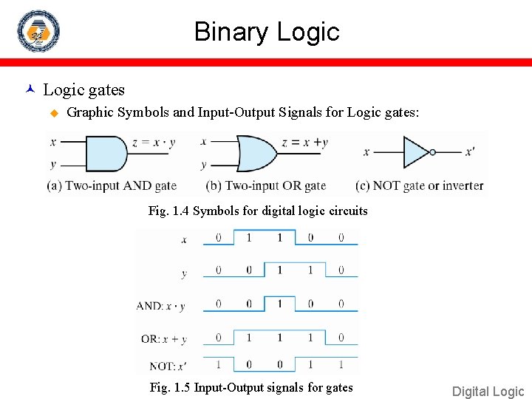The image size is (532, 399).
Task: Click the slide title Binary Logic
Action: (267, 32)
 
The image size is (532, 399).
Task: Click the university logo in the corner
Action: (38, 31)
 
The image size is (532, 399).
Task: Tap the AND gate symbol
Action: (106, 153)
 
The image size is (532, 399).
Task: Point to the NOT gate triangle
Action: (416, 152)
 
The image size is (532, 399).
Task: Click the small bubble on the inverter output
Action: (433, 152)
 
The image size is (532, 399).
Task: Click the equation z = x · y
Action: (154, 143)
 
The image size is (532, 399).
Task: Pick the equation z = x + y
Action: (304, 143)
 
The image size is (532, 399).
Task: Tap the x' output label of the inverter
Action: (469, 152)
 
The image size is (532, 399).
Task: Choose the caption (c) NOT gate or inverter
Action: (419, 185)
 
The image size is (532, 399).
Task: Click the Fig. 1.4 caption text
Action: (258, 211)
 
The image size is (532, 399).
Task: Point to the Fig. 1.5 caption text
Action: (251, 388)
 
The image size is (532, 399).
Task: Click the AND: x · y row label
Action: (161, 306)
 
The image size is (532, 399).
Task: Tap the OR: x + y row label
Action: (163, 339)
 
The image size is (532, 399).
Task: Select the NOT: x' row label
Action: (167, 366)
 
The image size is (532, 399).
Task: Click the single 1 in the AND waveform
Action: (279, 303)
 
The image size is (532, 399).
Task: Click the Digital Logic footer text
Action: (488, 392)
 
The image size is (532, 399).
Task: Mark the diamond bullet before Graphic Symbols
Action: (53, 113)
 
